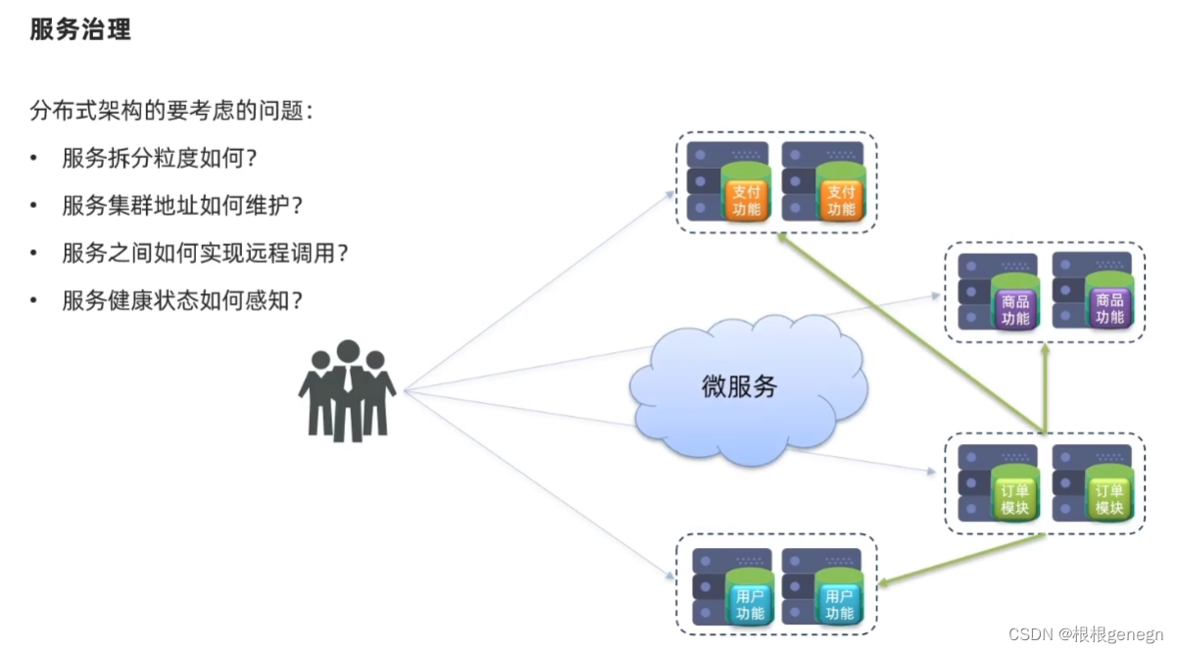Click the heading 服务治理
pyautogui.click(x=80, y=29)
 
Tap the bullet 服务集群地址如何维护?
pyautogui.click(x=182, y=205)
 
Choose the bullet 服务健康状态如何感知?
pyautogui.click(x=182, y=299)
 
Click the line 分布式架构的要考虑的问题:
pyautogui.click(x=172, y=111)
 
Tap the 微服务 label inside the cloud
pyautogui.click(x=739, y=386)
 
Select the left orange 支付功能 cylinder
pyautogui.click(x=747, y=195)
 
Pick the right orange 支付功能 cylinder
pyautogui.click(x=841, y=195)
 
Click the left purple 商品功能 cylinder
pyautogui.click(x=1015, y=305)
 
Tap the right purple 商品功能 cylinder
pyautogui.click(x=1109, y=305)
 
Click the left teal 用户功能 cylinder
pyautogui.click(x=750, y=600)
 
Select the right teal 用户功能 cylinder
pyautogui.click(x=840, y=600)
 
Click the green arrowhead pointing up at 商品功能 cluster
pyautogui.click(x=1045, y=350)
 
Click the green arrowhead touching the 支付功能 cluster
pyautogui.click(x=781, y=238)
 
